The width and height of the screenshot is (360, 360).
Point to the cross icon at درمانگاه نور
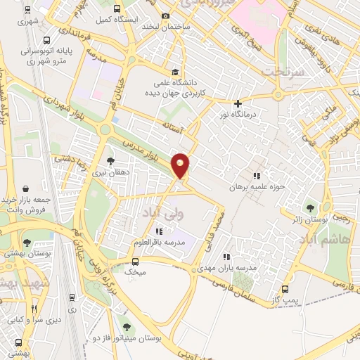tap(238, 103)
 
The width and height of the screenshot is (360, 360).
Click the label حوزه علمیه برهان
tap(257, 188)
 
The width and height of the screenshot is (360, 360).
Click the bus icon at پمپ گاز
tap(285, 289)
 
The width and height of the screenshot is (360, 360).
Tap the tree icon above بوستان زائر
tap(310, 208)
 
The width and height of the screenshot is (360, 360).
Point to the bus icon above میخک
tap(134, 260)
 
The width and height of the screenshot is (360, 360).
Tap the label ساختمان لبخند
tap(167, 27)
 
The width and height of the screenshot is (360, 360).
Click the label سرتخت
tap(278, 72)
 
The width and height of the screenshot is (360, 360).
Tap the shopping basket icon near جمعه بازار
tap(26, 188)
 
